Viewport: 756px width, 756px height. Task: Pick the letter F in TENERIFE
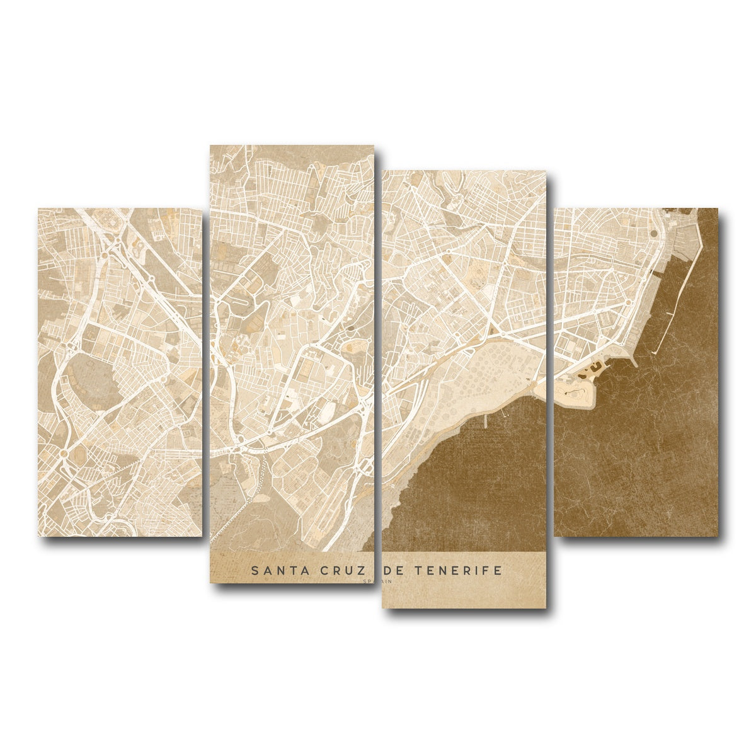(x=487, y=571)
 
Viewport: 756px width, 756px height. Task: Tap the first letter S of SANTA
(x=255, y=571)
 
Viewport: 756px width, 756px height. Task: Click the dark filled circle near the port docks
(x=653, y=232)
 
